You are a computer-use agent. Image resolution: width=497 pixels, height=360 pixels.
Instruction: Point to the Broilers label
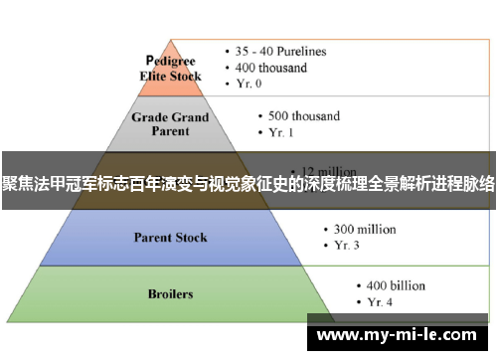coord(170,294)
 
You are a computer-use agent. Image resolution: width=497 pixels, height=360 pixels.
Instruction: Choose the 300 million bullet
coord(358,230)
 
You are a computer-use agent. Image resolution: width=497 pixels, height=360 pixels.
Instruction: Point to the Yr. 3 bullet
coord(344,247)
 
